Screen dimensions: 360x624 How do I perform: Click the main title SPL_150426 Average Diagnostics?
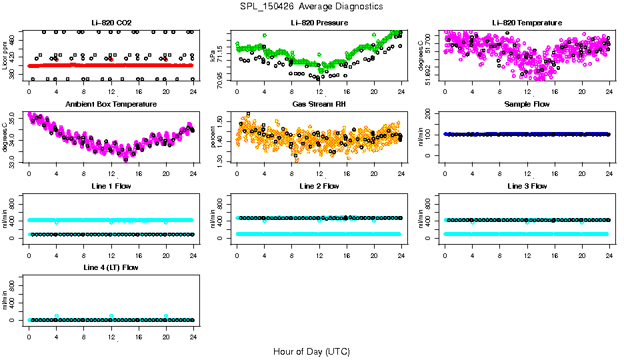(x=312, y=6)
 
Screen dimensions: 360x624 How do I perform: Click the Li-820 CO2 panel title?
(x=111, y=23)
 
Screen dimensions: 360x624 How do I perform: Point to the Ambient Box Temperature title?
(x=111, y=104)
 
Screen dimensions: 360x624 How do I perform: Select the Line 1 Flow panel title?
(x=111, y=186)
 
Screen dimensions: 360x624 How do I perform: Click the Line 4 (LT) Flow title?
(x=111, y=267)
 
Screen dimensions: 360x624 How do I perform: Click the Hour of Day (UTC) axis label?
(x=311, y=351)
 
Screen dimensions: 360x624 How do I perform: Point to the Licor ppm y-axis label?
(x=6, y=57)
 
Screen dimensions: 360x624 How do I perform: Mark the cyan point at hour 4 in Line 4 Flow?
(x=57, y=316)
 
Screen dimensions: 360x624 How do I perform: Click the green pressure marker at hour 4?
(x=265, y=35)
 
